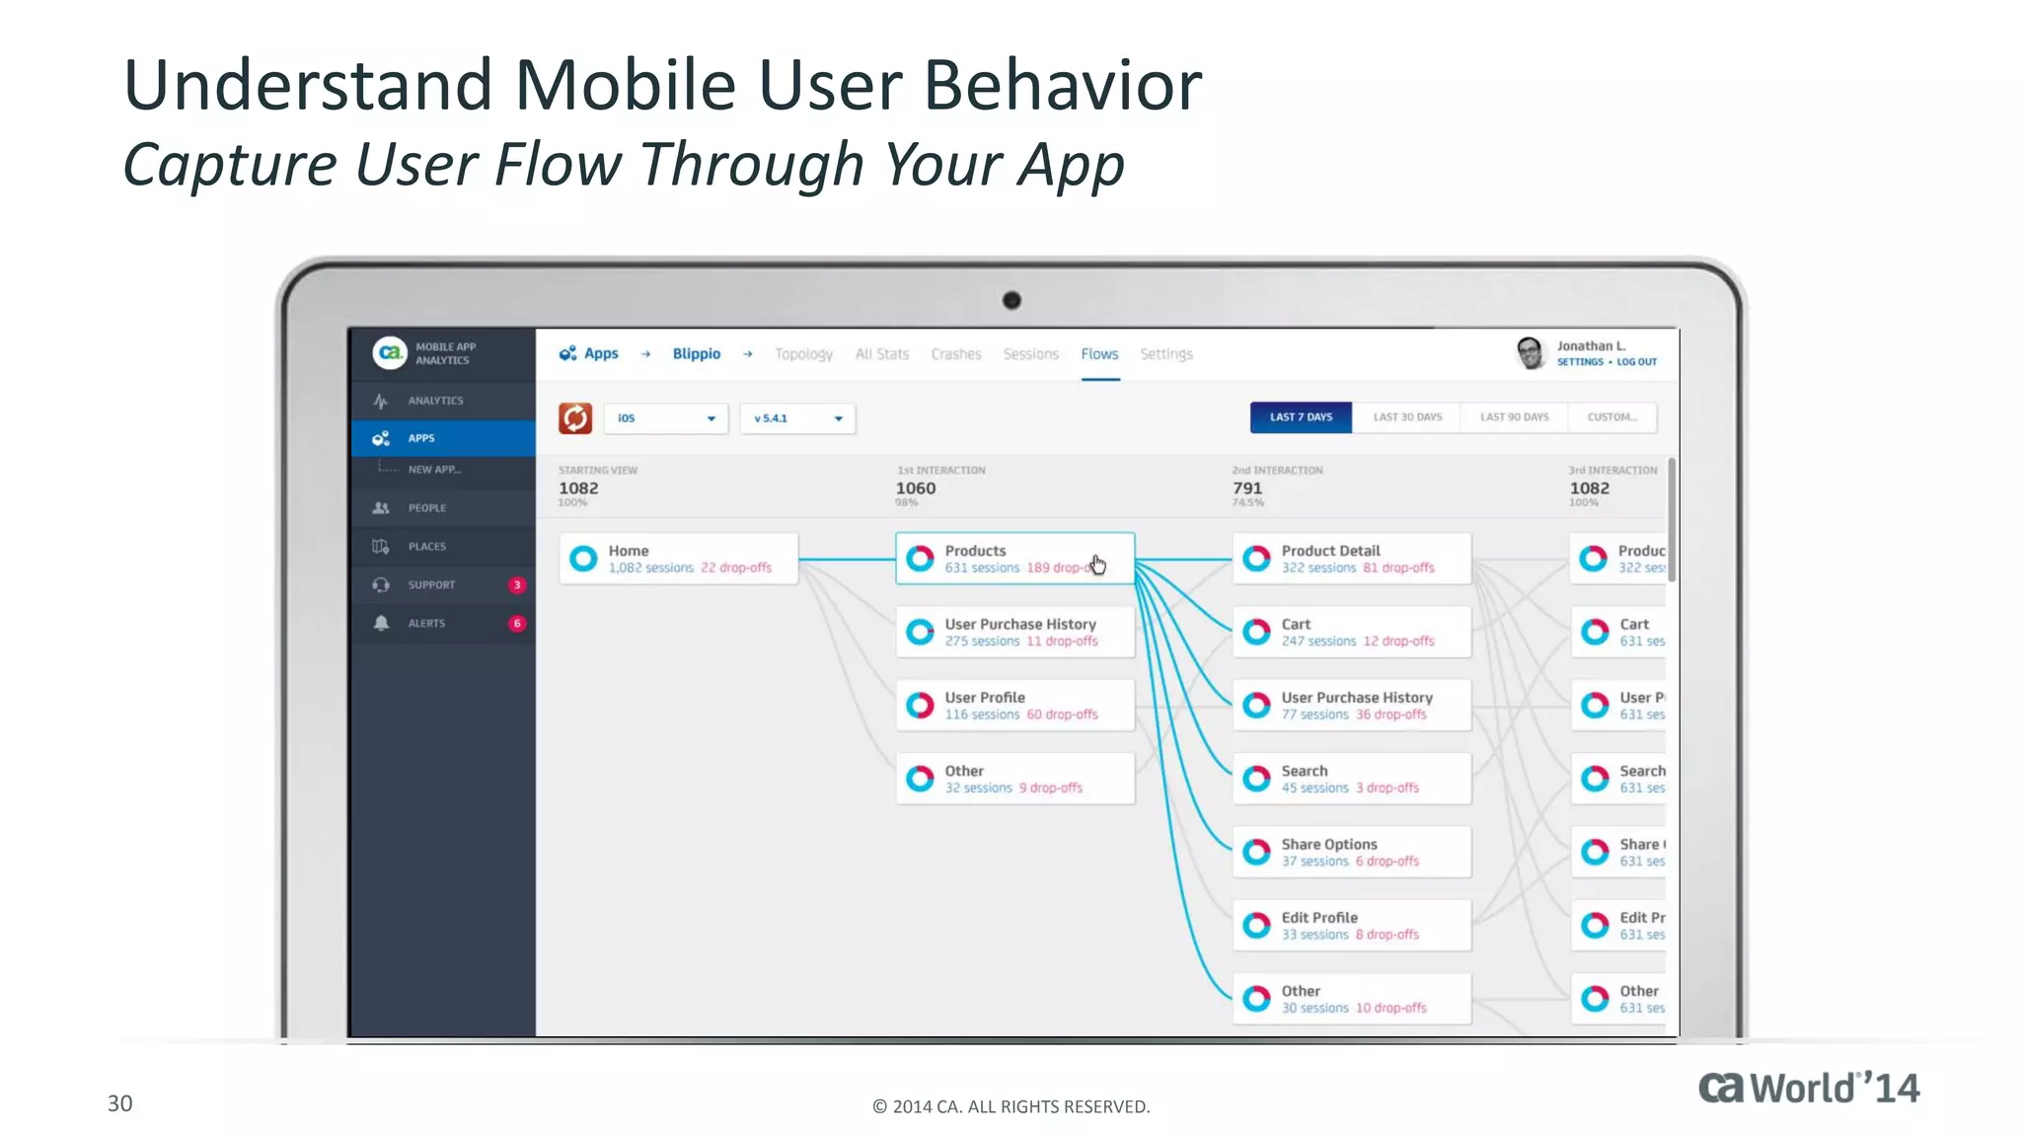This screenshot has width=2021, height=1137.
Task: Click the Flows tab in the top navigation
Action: point(1099,354)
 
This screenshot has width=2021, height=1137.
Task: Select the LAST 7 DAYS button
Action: point(1301,417)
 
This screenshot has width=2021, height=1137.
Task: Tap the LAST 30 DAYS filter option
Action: point(1407,417)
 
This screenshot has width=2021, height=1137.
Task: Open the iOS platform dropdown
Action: point(666,418)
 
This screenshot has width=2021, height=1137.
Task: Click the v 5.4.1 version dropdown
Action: point(797,418)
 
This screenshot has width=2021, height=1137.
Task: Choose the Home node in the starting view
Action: point(679,559)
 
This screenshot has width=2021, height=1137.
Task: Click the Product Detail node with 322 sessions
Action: point(1351,559)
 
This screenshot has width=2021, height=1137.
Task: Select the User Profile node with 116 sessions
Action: point(1014,706)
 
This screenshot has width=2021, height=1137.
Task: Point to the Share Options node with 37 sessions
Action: point(1351,852)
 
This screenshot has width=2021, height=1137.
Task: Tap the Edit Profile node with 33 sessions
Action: point(1351,926)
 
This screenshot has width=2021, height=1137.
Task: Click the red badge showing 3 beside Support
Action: point(517,585)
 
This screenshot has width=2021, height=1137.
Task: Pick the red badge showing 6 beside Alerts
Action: point(517,624)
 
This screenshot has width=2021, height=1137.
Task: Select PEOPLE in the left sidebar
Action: point(427,508)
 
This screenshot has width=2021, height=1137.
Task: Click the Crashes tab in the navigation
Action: point(956,354)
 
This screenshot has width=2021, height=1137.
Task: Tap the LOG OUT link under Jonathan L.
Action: point(1637,362)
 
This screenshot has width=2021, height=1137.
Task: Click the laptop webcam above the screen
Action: point(1011,300)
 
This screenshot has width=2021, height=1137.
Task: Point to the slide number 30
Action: point(119,1103)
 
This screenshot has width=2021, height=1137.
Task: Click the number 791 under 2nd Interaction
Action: point(1247,489)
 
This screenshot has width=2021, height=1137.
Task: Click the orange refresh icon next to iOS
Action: point(575,418)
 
